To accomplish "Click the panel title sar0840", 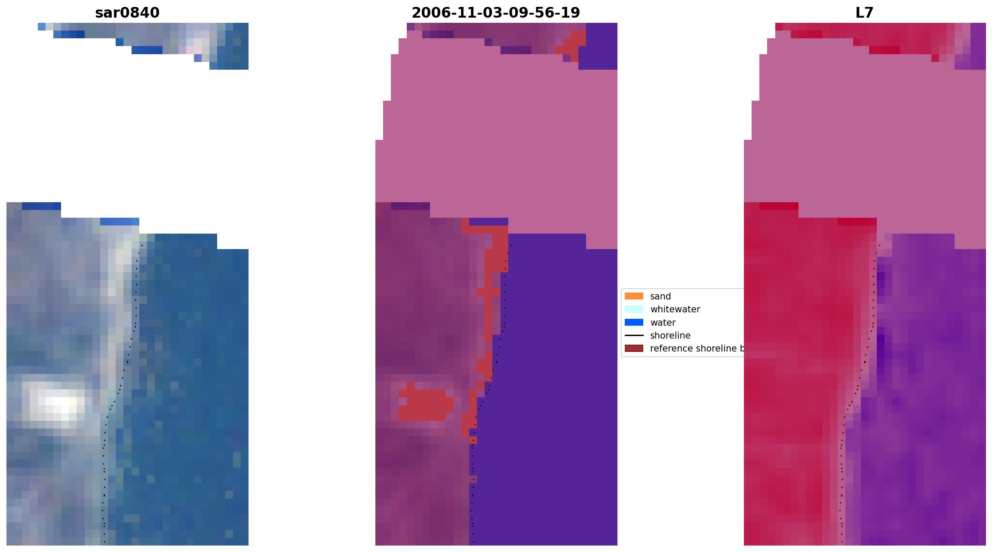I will pyautogui.click(x=127, y=13).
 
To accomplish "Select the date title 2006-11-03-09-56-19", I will pyautogui.click(x=495, y=13).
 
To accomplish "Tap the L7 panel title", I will pyautogui.click(x=864, y=13).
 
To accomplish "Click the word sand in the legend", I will pyautogui.click(x=660, y=296).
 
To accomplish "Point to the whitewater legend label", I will pyautogui.click(x=675, y=309).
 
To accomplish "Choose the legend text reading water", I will pyautogui.click(x=663, y=323).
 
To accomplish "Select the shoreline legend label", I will pyautogui.click(x=670, y=336).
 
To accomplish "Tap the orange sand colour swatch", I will pyautogui.click(x=634, y=296).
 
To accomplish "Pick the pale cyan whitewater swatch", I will pyautogui.click(x=634, y=309).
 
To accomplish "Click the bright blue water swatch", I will pyautogui.click(x=634, y=322).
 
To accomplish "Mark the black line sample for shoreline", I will pyautogui.click(x=634, y=336).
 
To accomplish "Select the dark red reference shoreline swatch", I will pyautogui.click(x=634, y=348).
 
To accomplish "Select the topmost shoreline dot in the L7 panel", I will pyautogui.click(x=879, y=245).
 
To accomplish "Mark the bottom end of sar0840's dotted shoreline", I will pyautogui.click(x=104, y=542).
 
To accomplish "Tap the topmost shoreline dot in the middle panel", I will pyautogui.click(x=511, y=245).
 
